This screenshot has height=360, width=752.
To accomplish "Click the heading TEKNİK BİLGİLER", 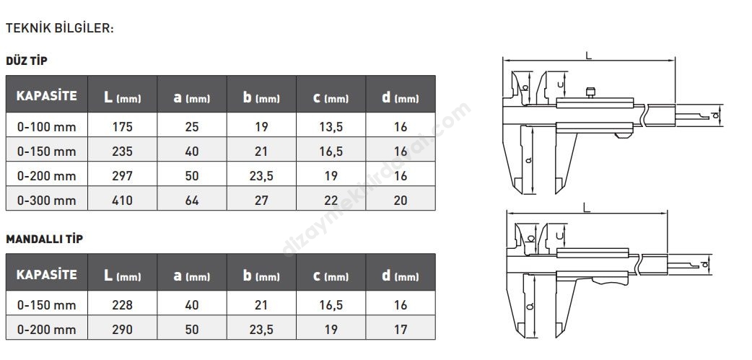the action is point(59,28).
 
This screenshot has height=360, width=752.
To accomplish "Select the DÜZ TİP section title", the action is point(27,61).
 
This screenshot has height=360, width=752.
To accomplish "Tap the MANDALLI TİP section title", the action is point(44,239).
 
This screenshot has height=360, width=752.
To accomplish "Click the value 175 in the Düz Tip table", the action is point(122,126).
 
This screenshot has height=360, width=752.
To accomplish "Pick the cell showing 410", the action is point(122,200).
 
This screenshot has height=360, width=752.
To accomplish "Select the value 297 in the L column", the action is point(122,176).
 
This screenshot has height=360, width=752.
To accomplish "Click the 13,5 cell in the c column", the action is point(331,127).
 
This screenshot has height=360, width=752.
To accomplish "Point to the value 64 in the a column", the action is point(192,200).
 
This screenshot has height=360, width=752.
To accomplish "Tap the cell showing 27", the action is point(261,200).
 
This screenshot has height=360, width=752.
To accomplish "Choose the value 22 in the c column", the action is point(331,200).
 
